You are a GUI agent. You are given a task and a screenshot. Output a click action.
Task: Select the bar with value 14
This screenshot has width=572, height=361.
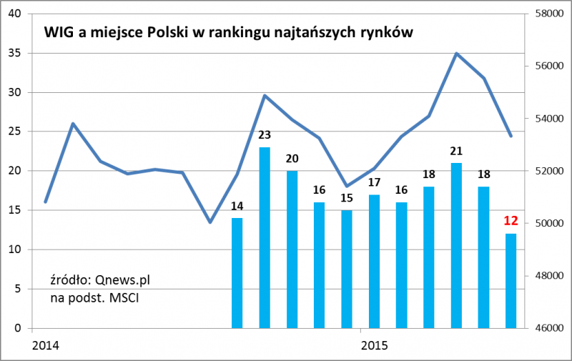[x=237, y=272]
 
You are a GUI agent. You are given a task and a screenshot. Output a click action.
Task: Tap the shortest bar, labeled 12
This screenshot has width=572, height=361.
[x=511, y=280]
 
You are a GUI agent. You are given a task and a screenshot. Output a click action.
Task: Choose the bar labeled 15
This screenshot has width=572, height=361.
[x=347, y=269]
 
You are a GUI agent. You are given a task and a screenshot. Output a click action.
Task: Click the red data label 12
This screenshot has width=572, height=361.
[x=511, y=220]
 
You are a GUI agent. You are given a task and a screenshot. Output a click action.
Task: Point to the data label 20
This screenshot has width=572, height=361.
[x=292, y=159]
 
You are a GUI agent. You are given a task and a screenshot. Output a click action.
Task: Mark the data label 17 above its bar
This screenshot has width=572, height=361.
[x=374, y=182]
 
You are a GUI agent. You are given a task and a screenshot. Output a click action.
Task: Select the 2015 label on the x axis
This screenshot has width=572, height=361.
[x=374, y=346]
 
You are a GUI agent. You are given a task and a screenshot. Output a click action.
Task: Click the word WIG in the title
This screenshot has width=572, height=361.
[x=59, y=33]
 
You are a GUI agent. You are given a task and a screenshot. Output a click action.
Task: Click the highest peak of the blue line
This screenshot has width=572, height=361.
[x=456, y=54]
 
